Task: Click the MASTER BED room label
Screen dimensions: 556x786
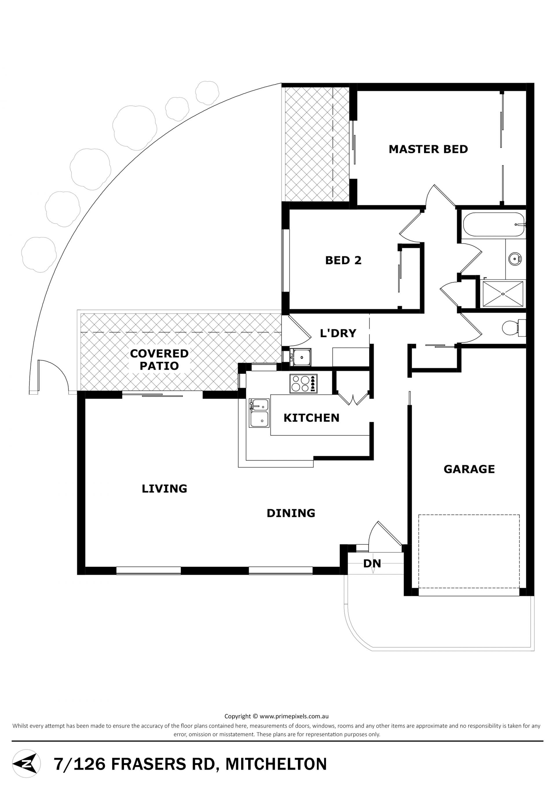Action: coord(428,149)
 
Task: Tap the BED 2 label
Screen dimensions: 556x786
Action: coord(343,261)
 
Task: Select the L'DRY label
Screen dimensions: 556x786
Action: coord(338,333)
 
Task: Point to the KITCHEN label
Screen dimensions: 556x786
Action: coord(312,418)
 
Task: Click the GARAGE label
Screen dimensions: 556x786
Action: coord(469,469)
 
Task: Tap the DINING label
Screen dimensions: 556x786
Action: coord(291,513)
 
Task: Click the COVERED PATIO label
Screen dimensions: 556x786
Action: coord(159,360)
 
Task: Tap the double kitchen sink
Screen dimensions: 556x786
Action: coord(259,413)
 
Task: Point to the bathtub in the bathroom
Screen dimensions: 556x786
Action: coord(494,225)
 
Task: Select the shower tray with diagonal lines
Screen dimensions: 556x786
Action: coord(503,294)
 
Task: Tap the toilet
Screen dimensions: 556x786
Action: coord(513,328)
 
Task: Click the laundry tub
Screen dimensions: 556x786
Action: coord(301,358)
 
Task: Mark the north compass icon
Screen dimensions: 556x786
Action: coord(26,764)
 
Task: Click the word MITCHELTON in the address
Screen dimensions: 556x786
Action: coord(276,764)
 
